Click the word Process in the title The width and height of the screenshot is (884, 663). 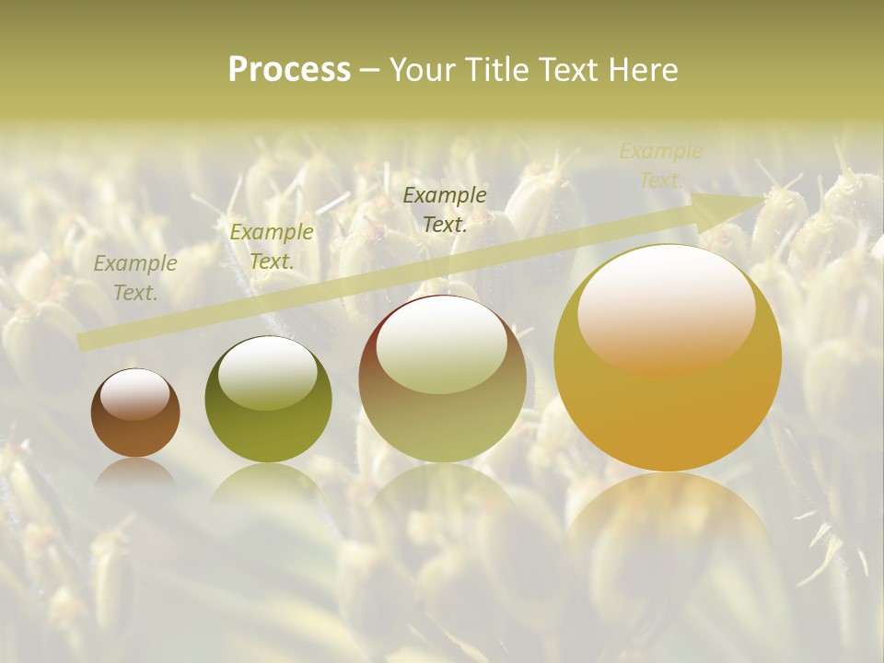[x=289, y=70]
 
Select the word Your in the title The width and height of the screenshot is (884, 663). [x=423, y=70]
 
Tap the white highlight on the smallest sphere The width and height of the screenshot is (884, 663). [x=134, y=394]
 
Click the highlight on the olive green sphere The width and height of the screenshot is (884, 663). [x=268, y=372]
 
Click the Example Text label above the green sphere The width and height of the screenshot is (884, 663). [x=272, y=247]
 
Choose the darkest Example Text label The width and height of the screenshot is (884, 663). [x=445, y=209]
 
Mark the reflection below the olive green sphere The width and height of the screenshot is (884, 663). [x=268, y=483]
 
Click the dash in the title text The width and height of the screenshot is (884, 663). [x=370, y=70]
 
